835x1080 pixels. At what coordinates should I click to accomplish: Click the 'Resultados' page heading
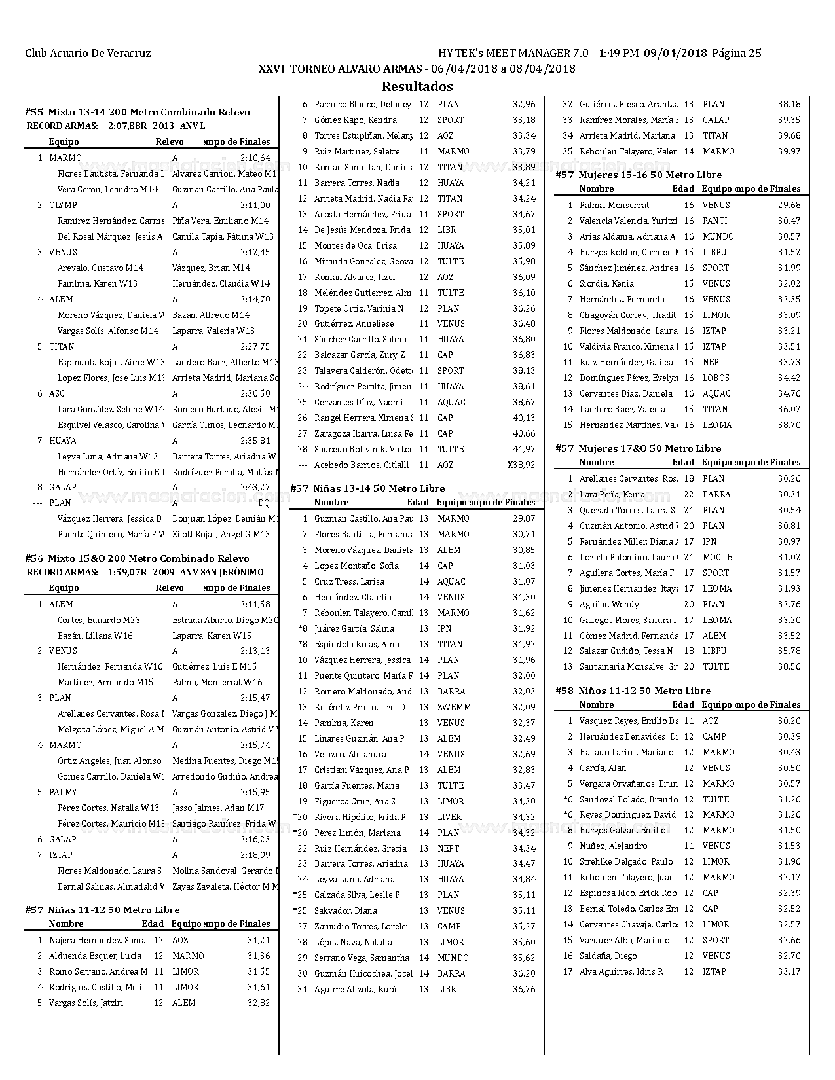coord(417,86)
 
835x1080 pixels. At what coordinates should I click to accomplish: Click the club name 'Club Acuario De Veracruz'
coord(88,54)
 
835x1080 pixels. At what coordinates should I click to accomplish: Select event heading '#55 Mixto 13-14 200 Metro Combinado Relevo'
coord(138,112)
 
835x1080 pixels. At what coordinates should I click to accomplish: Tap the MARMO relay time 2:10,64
coord(255,158)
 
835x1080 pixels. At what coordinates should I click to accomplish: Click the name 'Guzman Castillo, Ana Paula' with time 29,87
coord(363,518)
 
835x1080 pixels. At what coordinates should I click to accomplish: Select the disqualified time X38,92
coord(521,465)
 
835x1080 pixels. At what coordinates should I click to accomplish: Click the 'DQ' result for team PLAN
coord(263,503)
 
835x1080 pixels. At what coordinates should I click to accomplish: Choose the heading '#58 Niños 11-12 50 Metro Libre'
coord(633,691)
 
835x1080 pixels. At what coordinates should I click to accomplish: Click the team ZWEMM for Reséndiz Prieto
coord(454,707)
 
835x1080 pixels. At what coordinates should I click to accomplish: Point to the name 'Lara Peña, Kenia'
coord(612,494)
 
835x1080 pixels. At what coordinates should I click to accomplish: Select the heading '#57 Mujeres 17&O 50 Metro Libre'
coord(639,448)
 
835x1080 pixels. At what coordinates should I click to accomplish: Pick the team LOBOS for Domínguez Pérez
coord(716,378)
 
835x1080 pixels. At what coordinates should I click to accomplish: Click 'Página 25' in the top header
coord(737,54)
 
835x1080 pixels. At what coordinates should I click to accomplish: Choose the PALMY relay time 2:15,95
coord(255,792)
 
